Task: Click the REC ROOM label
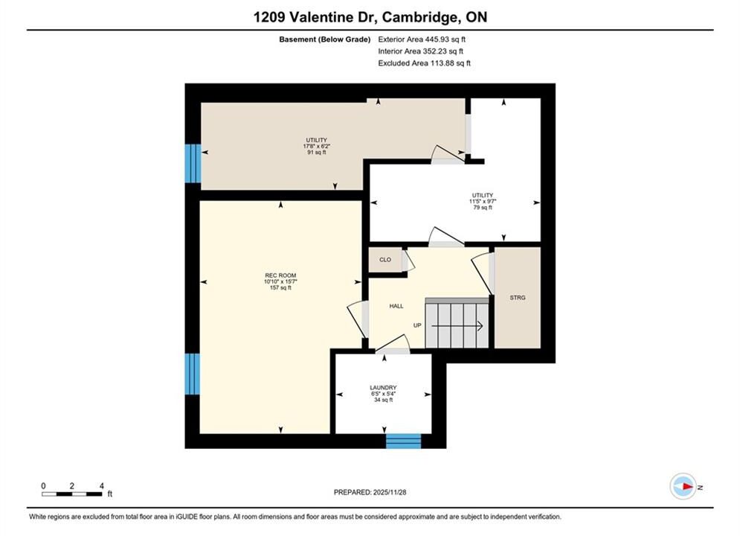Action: point(280,275)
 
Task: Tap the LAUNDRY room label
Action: point(383,388)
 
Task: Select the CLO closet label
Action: point(385,260)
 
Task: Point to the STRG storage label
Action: point(517,298)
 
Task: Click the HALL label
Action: point(396,306)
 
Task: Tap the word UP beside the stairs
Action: point(417,325)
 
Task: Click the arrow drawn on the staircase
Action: point(457,326)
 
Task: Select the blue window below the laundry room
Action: point(404,441)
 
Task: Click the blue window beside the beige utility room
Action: point(193,163)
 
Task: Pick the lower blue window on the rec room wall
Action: point(193,374)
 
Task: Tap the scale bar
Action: point(71,494)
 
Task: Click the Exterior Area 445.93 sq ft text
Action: point(422,39)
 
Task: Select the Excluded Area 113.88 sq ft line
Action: point(424,63)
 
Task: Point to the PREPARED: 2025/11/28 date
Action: point(370,492)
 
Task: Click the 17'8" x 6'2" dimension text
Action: point(316,147)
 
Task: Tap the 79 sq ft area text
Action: point(483,207)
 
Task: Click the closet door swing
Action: point(408,261)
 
